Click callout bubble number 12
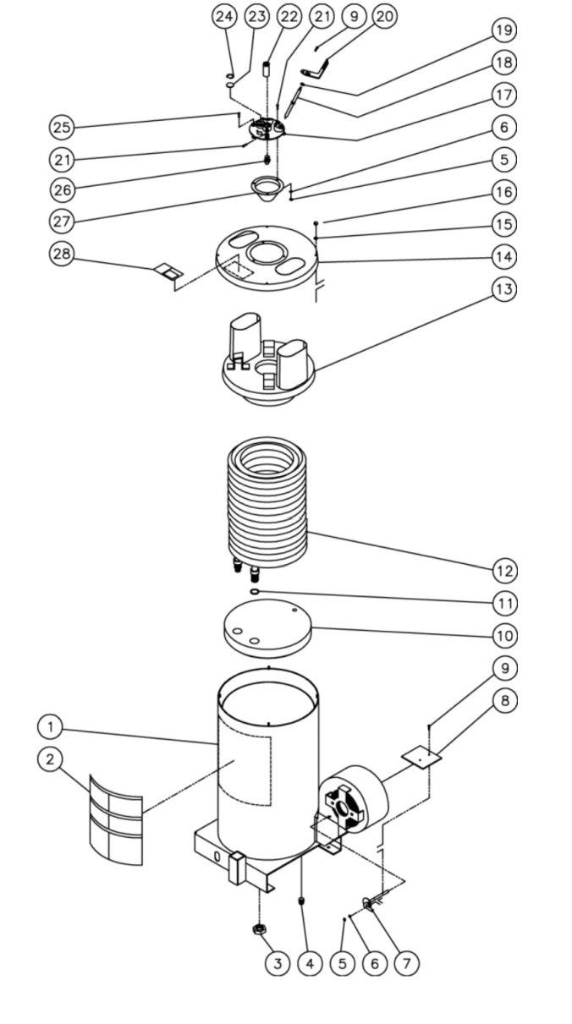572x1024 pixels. tap(504, 571)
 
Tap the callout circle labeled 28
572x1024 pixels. tap(61, 254)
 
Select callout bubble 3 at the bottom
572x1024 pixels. tap(277, 962)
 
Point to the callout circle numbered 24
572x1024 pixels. tap(224, 16)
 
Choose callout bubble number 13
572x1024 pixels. tap(504, 288)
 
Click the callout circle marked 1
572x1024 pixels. tap(51, 726)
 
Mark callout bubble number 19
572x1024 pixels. tap(504, 30)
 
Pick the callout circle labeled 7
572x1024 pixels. tap(406, 962)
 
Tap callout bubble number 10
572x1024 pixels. tap(504, 634)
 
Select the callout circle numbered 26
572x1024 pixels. tap(61, 189)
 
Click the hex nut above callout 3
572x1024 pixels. tap(260, 930)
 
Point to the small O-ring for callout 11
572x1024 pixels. tap(253, 592)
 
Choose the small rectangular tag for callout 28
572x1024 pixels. tap(167, 271)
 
